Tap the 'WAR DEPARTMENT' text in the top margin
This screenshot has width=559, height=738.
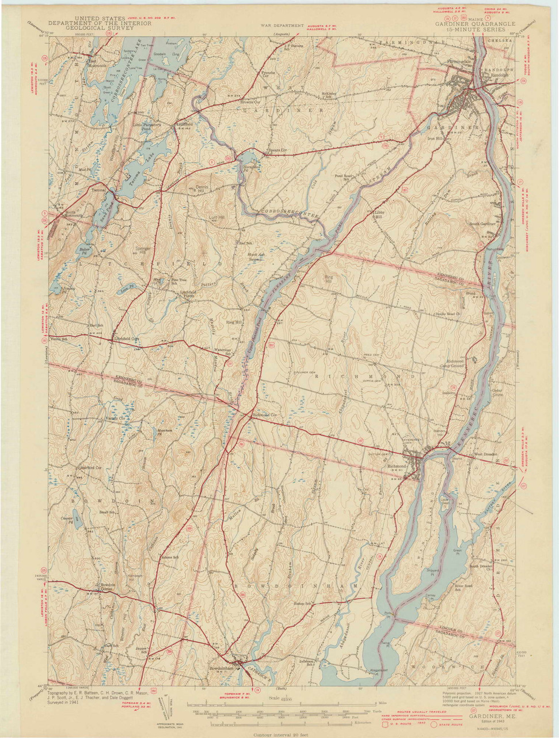coord(281,26)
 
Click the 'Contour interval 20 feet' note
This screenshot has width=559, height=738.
coord(279,735)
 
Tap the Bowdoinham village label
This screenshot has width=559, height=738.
coord(221,669)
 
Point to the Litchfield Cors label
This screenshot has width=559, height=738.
coord(127,339)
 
